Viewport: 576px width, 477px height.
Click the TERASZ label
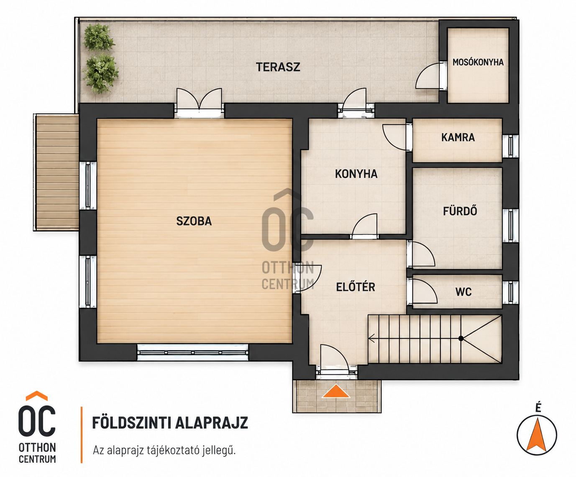278,67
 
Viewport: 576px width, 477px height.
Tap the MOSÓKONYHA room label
478,62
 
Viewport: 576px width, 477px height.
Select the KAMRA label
458,137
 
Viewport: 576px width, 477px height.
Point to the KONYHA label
356,174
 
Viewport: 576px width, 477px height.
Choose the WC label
463,292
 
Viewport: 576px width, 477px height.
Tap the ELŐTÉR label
356,287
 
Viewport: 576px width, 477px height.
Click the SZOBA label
194,221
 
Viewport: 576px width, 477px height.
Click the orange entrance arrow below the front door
336,391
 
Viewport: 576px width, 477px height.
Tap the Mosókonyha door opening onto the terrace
431,76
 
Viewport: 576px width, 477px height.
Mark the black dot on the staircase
461,338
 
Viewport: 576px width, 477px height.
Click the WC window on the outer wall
510,292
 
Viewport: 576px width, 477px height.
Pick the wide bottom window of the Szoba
192,352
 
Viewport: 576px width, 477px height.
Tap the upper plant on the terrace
99,38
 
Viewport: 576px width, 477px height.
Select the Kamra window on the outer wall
510,146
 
